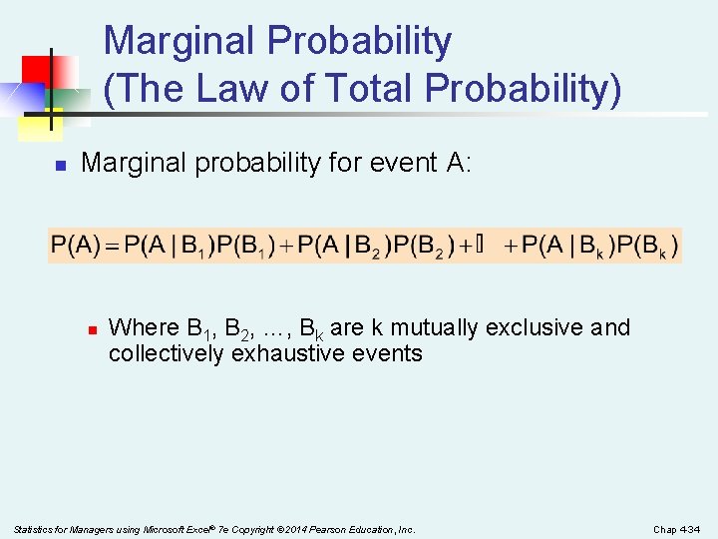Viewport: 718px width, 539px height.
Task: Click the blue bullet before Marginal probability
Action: [60, 164]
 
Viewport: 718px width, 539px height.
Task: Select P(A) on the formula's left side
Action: [76, 245]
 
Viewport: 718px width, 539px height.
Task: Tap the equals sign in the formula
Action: [112, 245]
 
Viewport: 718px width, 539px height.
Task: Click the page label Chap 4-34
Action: [678, 529]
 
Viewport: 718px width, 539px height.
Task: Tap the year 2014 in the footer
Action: [281, 529]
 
